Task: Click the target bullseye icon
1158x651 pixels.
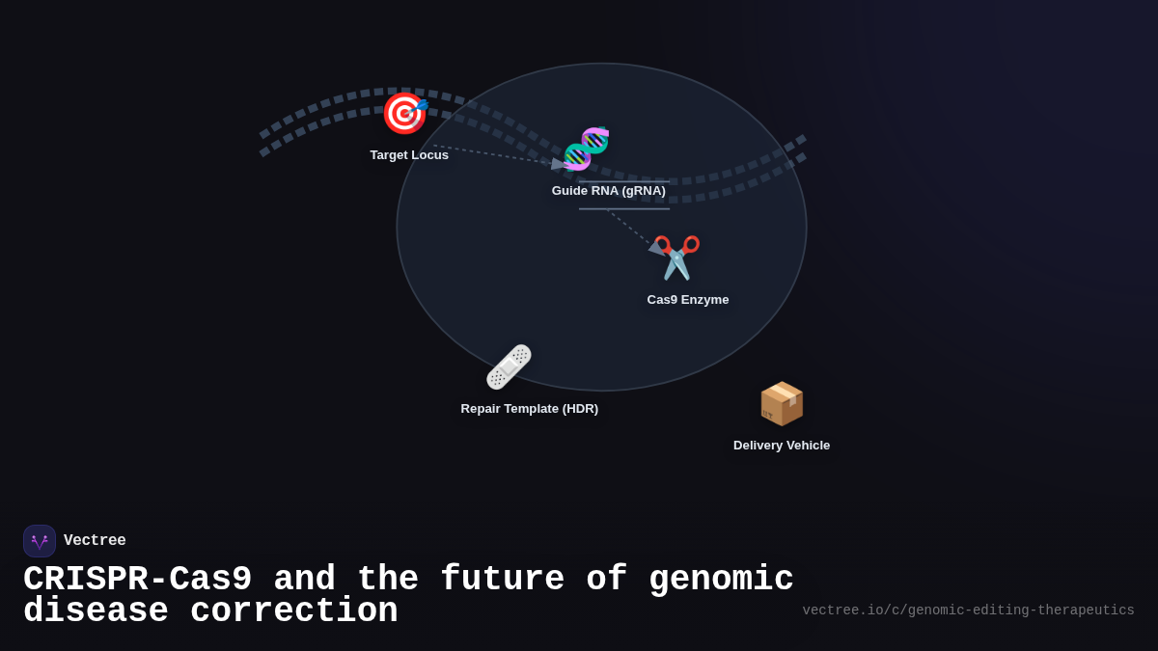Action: tap(404, 113)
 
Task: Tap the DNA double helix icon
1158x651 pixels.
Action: tap(587, 149)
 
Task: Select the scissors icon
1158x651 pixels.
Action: tap(676, 258)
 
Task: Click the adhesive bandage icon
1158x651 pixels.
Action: tap(509, 366)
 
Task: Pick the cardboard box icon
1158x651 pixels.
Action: tap(782, 403)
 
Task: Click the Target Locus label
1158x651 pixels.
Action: tap(409, 155)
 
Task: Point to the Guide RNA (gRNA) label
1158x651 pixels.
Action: tap(609, 191)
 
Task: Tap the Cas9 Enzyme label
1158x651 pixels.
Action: tap(688, 300)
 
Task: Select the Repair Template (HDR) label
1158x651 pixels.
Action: tap(530, 409)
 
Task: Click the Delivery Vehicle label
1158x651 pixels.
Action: tap(782, 446)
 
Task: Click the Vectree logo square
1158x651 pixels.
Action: tap(40, 541)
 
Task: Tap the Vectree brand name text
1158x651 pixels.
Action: tap(95, 541)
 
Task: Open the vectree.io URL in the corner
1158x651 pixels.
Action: tap(968, 610)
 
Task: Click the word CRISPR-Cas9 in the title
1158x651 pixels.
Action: tap(138, 580)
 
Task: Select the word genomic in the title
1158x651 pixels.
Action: tap(721, 580)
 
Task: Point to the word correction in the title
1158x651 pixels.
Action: tap(294, 611)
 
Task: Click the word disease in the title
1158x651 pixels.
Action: tap(96, 611)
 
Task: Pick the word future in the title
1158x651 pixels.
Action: tap(502, 580)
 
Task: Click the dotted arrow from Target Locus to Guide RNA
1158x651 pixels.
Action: tap(492, 154)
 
